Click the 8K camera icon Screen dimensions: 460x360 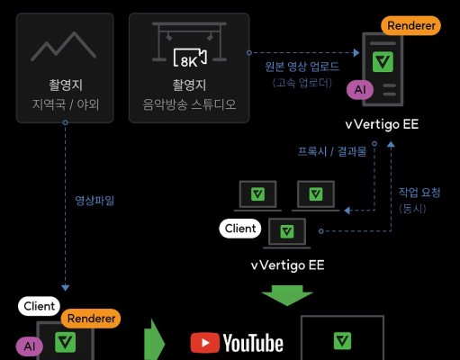pyautogui.click(x=190, y=58)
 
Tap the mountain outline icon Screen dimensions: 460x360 pyautogui.click(x=63, y=47)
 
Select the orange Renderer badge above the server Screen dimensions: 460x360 pyautogui.click(x=410, y=26)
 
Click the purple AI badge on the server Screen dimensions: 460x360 pyautogui.click(x=360, y=90)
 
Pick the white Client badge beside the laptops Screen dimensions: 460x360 pyautogui.click(x=240, y=229)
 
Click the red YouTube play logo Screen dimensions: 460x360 pyautogui.click(x=205, y=343)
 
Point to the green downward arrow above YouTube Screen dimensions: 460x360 pyautogui.click(x=287, y=295)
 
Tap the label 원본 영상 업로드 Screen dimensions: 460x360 pyautogui.click(x=302, y=67)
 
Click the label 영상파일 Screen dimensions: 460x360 pyautogui.click(x=95, y=201)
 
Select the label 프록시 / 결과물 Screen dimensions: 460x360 pyautogui.click(x=332, y=151)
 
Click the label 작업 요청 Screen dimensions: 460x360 pyautogui.click(x=419, y=193)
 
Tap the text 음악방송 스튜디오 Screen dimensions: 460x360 pyautogui.click(x=189, y=104)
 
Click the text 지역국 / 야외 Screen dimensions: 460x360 pyautogui.click(x=66, y=104)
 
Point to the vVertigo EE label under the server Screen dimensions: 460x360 pyautogui.click(x=382, y=124)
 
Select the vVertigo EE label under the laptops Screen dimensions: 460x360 pyautogui.click(x=287, y=265)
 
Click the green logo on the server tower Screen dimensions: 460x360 pyautogui.click(x=383, y=61)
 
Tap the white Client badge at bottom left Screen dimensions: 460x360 pyautogui.click(x=39, y=306)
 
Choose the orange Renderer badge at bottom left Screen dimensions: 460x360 pyautogui.click(x=91, y=319)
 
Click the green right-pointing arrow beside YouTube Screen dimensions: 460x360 pyautogui.click(x=154, y=342)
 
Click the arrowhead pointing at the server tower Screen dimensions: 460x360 pyautogui.click(x=356, y=53)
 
